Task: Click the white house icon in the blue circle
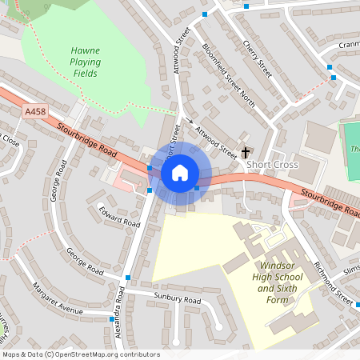pos(180,172)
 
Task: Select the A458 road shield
pos(35,112)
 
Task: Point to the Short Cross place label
pos(272,165)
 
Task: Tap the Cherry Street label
pos(258,59)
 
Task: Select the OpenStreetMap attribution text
pos(81,354)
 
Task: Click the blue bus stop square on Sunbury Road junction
pos(128,278)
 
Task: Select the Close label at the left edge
pos(10,139)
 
